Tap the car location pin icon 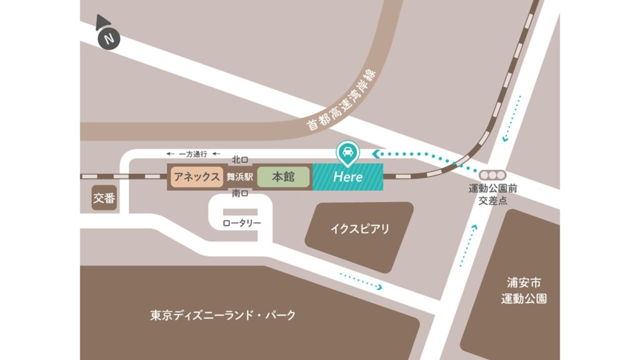(x=346, y=151)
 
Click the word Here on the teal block (x=347, y=177)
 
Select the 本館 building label (x=283, y=177)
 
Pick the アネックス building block (x=196, y=177)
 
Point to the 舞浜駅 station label (x=239, y=177)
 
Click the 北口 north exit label (x=240, y=159)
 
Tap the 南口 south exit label (x=240, y=194)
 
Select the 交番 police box (x=104, y=198)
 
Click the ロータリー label (x=241, y=223)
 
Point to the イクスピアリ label (x=359, y=229)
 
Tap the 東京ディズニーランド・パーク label (x=223, y=315)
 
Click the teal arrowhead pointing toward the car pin (x=374, y=152)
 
